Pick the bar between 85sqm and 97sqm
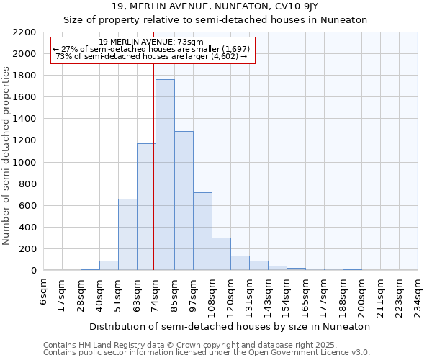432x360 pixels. [x=184, y=201]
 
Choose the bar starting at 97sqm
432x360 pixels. [x=202, y=231]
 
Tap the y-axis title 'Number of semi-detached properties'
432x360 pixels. [x=7, y=156]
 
